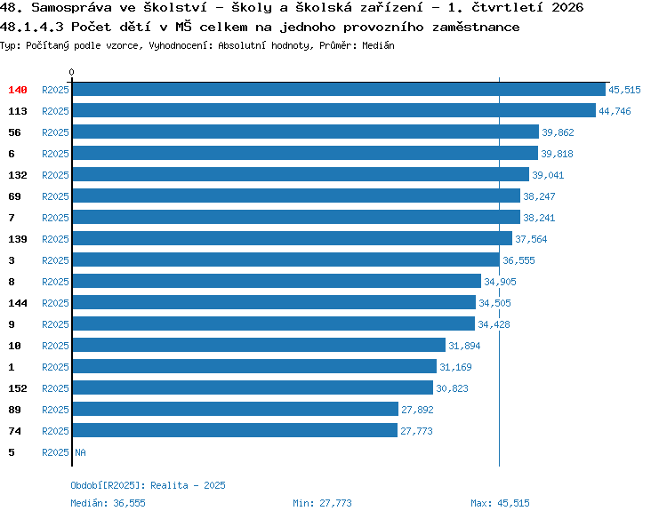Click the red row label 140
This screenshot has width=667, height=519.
click(18, 90)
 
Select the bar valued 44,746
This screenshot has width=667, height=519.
click(333, 110)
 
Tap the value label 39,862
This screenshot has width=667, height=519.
click(558, 132)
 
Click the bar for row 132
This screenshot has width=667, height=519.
click(301, 174)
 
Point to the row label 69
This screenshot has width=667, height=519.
click(14, 196)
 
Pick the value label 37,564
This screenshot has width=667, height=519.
click(531, 239)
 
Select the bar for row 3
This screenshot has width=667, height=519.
click(285, 259)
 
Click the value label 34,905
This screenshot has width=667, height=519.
click(500, 282)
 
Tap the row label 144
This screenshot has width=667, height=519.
click(18, 303)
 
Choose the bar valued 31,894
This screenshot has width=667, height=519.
click(259, 345)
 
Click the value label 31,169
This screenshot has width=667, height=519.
click(455, 367)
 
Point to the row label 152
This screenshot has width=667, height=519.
click(18, 388)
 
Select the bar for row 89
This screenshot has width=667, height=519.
click(236, 409)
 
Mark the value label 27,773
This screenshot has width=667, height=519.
click(416, 431)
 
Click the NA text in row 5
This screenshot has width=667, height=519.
click(80, 452)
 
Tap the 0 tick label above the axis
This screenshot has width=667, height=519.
click(71, 72)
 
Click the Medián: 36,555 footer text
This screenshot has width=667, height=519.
click(108, 503)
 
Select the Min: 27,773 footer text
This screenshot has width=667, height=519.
click(322, 503)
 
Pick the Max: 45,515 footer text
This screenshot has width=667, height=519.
click(500, 503)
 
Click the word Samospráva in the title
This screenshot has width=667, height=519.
click(71, 8)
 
